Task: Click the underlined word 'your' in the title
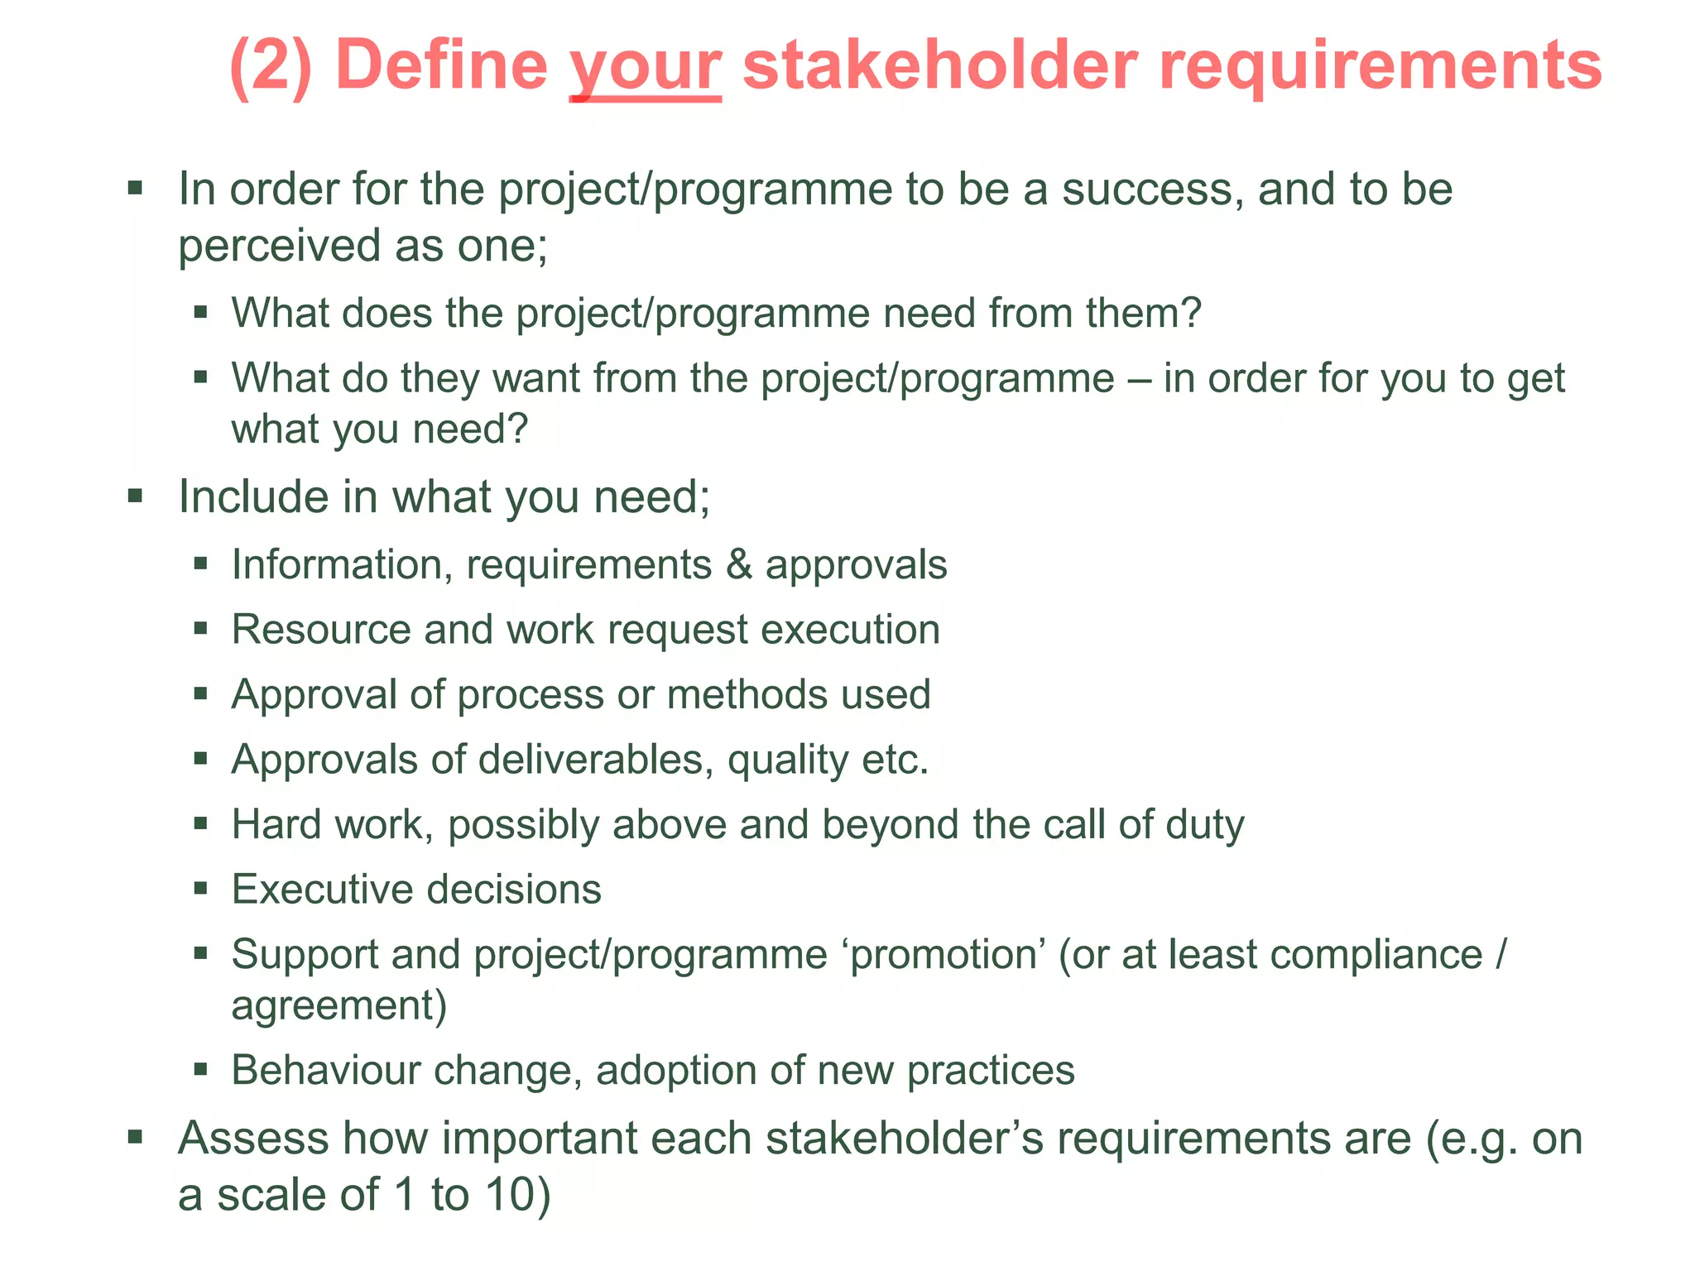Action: pyautogui.click(x=646, y=68)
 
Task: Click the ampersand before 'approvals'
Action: pyautogui.click(x=739, y=565)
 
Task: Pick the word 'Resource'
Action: pyautogui.click(x=321, y=631)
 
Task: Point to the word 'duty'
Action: pyautogui.click(x=1204, y=826)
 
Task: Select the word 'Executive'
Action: pyautogui.click(x=321, y=890)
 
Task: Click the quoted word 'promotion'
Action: pyautogui.click(x=943, y=956)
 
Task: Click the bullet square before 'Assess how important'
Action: pyautogui.click(x=136, y=1136)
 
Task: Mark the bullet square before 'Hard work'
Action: pyautogui.click(x=200, y=823)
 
